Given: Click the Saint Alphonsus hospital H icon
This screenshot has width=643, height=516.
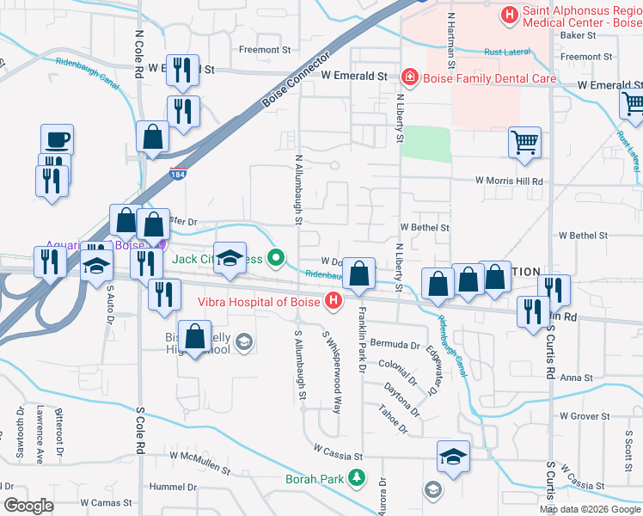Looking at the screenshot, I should pyautogui.click(x=510, y=14).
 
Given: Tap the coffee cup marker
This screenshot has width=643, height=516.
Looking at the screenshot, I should pyautogui.click(x=58, y=139).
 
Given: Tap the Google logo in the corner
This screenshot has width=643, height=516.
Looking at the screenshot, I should pyautogui.click(x=28, y=506).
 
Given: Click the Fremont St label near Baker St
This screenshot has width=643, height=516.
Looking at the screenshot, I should pyautogui.click(x=585, y=57).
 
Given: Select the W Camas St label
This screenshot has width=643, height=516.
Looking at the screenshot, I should pyautogui.click(x=109, y=501).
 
